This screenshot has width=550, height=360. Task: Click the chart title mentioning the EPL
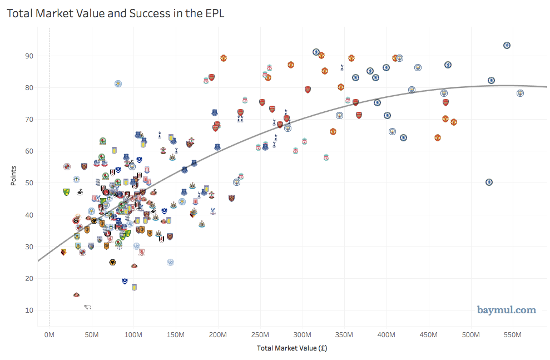pos(115,13)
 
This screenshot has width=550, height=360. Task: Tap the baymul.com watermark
pos(506,310)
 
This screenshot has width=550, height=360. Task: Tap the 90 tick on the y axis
pos(28,56)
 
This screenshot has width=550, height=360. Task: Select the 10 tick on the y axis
pos(28,310)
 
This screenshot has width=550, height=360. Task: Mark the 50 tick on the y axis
pos(28,183)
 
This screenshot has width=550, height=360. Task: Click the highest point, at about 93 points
pos(507,46)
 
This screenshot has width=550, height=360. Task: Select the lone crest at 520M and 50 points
pos(489,182)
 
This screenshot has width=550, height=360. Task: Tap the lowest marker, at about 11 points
pos(87,306)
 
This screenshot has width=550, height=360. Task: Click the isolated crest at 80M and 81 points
pos(118,83)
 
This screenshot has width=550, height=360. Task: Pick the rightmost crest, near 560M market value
pos(520,93)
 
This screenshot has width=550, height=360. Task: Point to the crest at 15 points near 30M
pos(76,294)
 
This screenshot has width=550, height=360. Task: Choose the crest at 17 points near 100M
pos(134,287)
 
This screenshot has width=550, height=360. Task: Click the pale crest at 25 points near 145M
pos(171,262)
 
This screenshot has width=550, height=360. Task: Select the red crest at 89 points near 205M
pos(223,58)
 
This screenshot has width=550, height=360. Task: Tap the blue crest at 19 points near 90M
pos(125,281)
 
